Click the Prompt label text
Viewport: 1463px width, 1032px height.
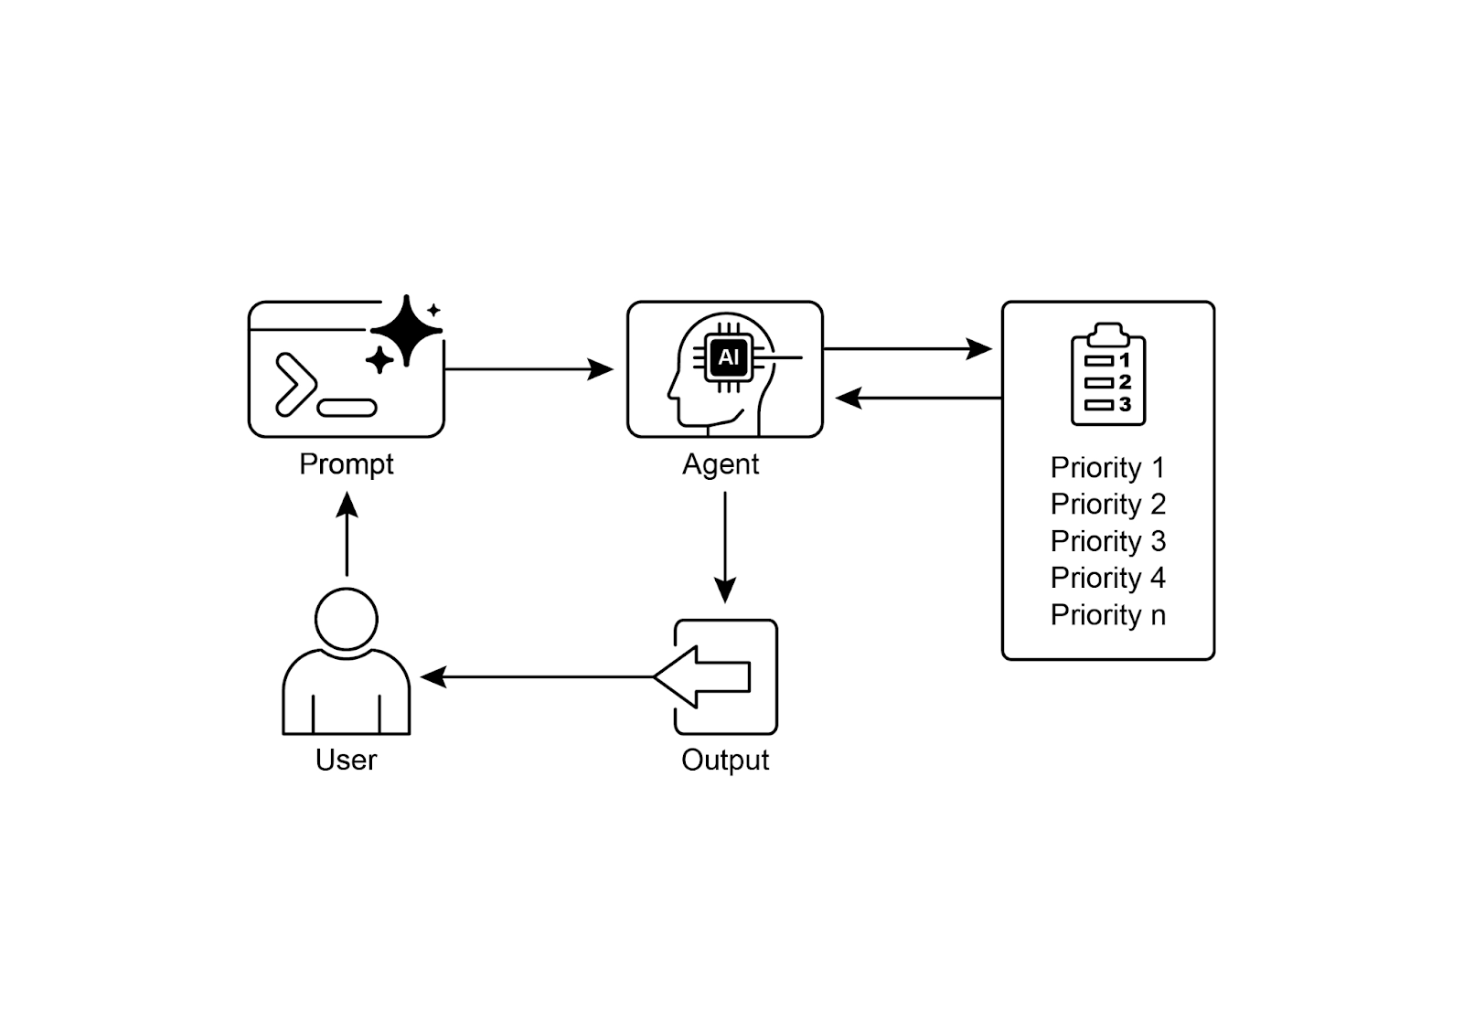[x=346, y=464]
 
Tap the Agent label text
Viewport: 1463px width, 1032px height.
[x=721, y=464]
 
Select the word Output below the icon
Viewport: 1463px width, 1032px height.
[x=725, y=761]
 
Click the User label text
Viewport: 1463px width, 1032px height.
[x=346, y=761]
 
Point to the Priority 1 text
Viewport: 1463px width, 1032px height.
[x=1107, y=468]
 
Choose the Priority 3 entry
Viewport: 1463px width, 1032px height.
[x=1107, y=541]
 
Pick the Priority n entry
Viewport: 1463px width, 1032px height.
[x=1107, y=615]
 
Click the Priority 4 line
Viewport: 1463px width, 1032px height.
[x=1107, y=578]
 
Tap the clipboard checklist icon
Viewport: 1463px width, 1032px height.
[x=1108, y=375]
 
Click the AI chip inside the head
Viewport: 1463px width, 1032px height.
[x=729, y=357]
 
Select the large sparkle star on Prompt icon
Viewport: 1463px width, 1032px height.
[x=407, y=330]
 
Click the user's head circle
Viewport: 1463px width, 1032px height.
[x=347, y=619]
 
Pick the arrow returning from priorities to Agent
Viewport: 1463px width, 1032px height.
[x=919, y=398]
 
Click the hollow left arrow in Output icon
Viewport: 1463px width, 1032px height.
[x=704, y=677]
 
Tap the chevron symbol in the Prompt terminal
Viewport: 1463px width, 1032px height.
[x=294, y=384]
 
